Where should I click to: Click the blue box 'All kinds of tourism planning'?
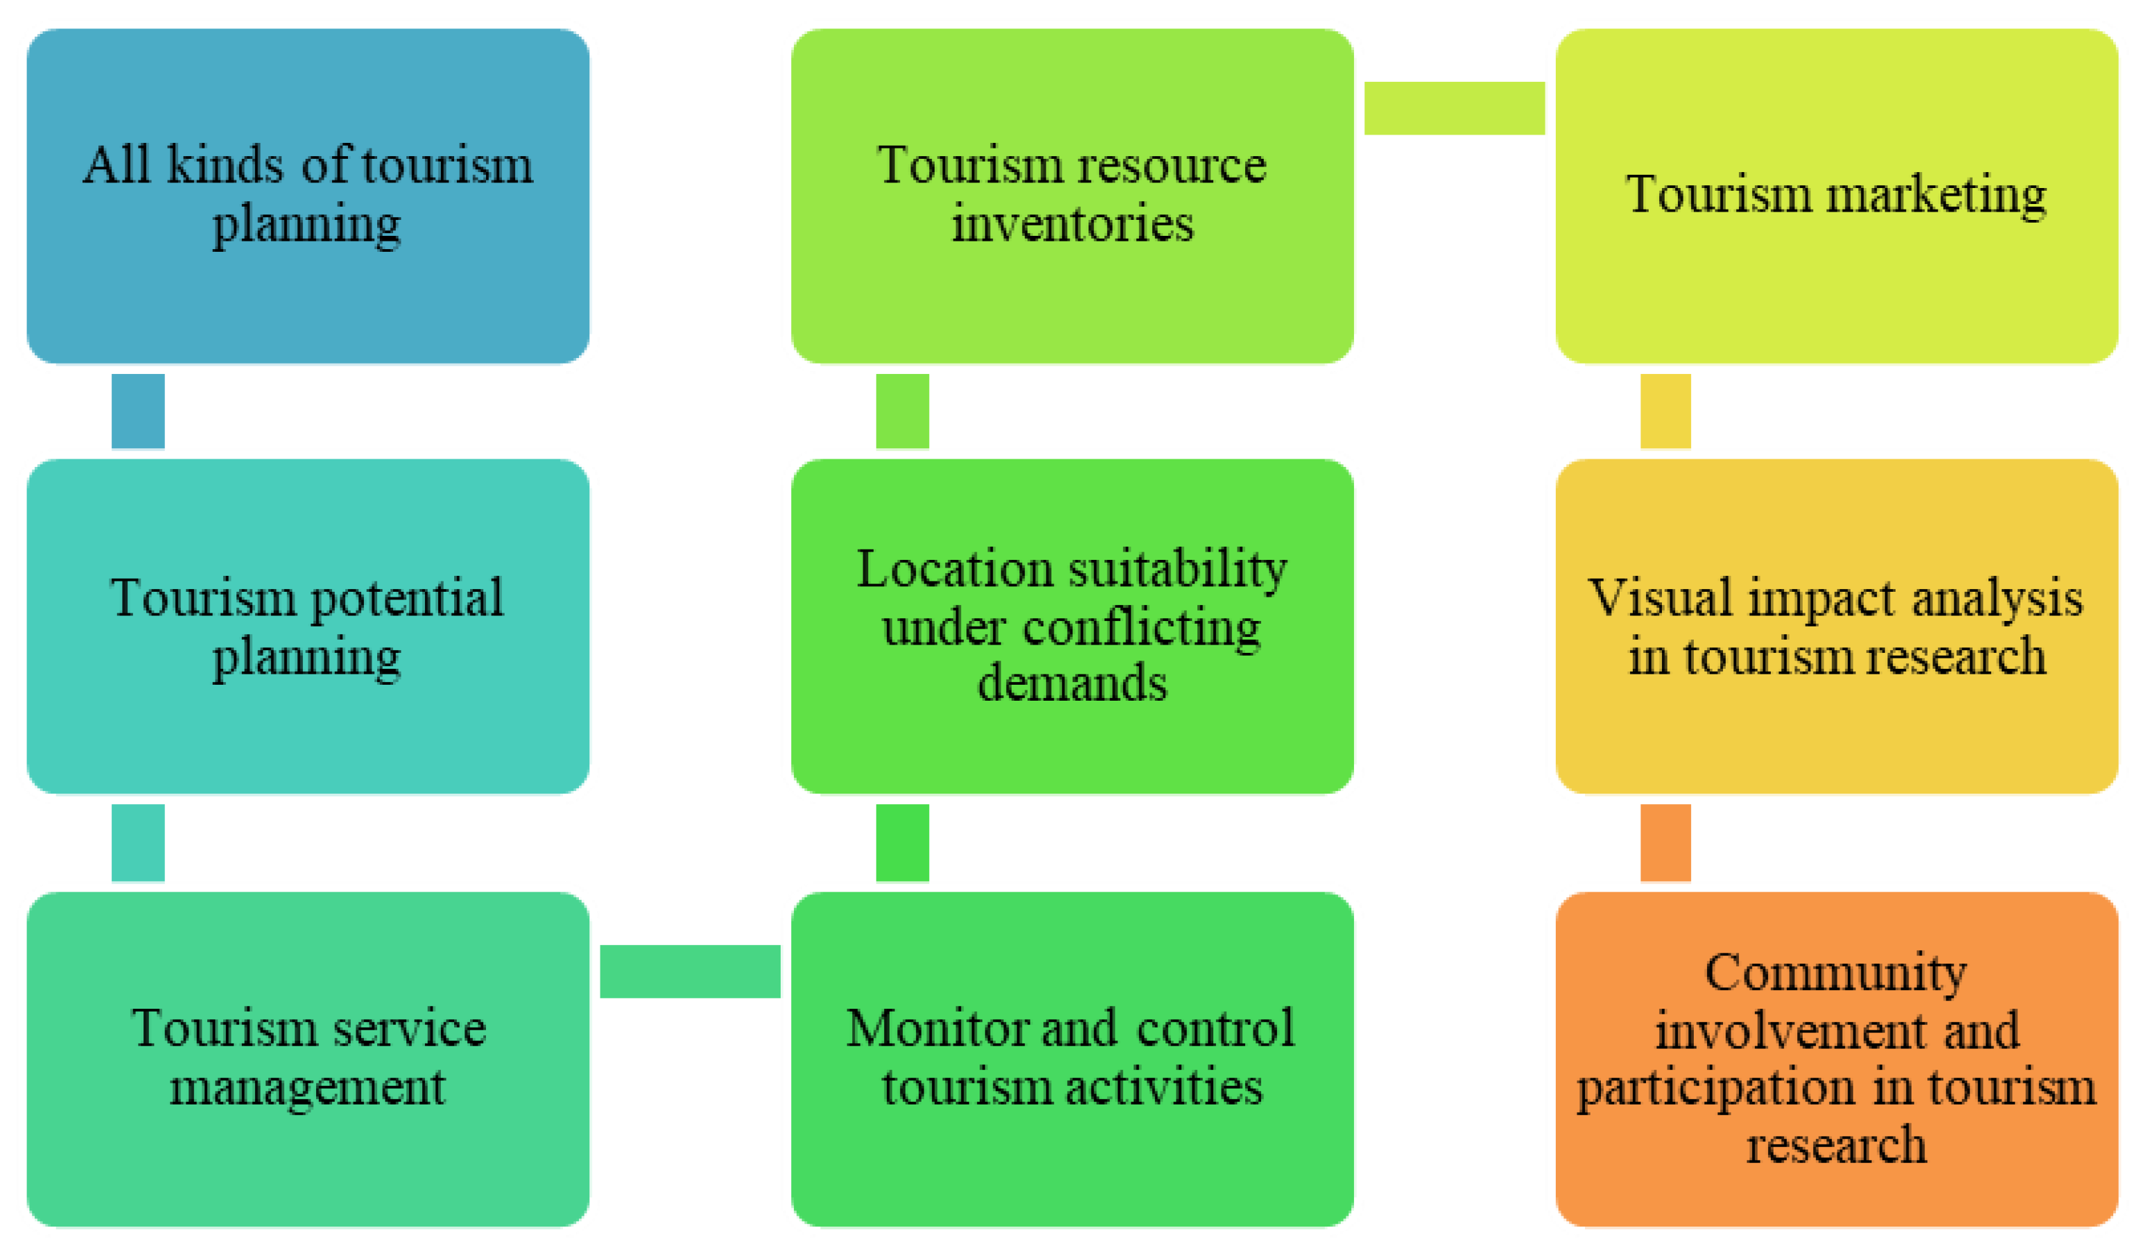pyautogui.click(x=308, y=196)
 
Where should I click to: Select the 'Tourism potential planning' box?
pyautogui.click(x=308, y=626)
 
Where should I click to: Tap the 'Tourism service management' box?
pyautogui.click(x=308, y=1058)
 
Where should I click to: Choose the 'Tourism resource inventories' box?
pyautogui.click(x=1072, y=196)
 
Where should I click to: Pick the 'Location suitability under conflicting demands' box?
pyautogui.click(x=1072, y=626)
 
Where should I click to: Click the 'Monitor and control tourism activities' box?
pyautogui.click(x=1072, y=1058)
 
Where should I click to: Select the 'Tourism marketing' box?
pyautogui.click(x=1836, y=196)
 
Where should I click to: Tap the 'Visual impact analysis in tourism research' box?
pyautogui.click(x=1836, y=626)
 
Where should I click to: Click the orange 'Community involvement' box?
pyautogui.click(x=1836, y=1058)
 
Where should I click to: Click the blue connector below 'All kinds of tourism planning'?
pyautogui.click(x=138, y=411)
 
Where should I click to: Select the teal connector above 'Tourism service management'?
pyautogui.click(x=138, y=842)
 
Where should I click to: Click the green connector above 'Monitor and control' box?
pyautogui.click(x=902, y=842)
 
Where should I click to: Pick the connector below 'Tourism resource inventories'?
pyautogui.click(x=902, y=411)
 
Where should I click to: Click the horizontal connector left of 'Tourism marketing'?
pyautogui.click(x=1454, y=108)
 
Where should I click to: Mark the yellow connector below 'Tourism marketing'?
pyautogui.click(x=1665, y=411)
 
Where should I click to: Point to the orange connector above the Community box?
pyautogui.click(x=1665, y=842)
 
